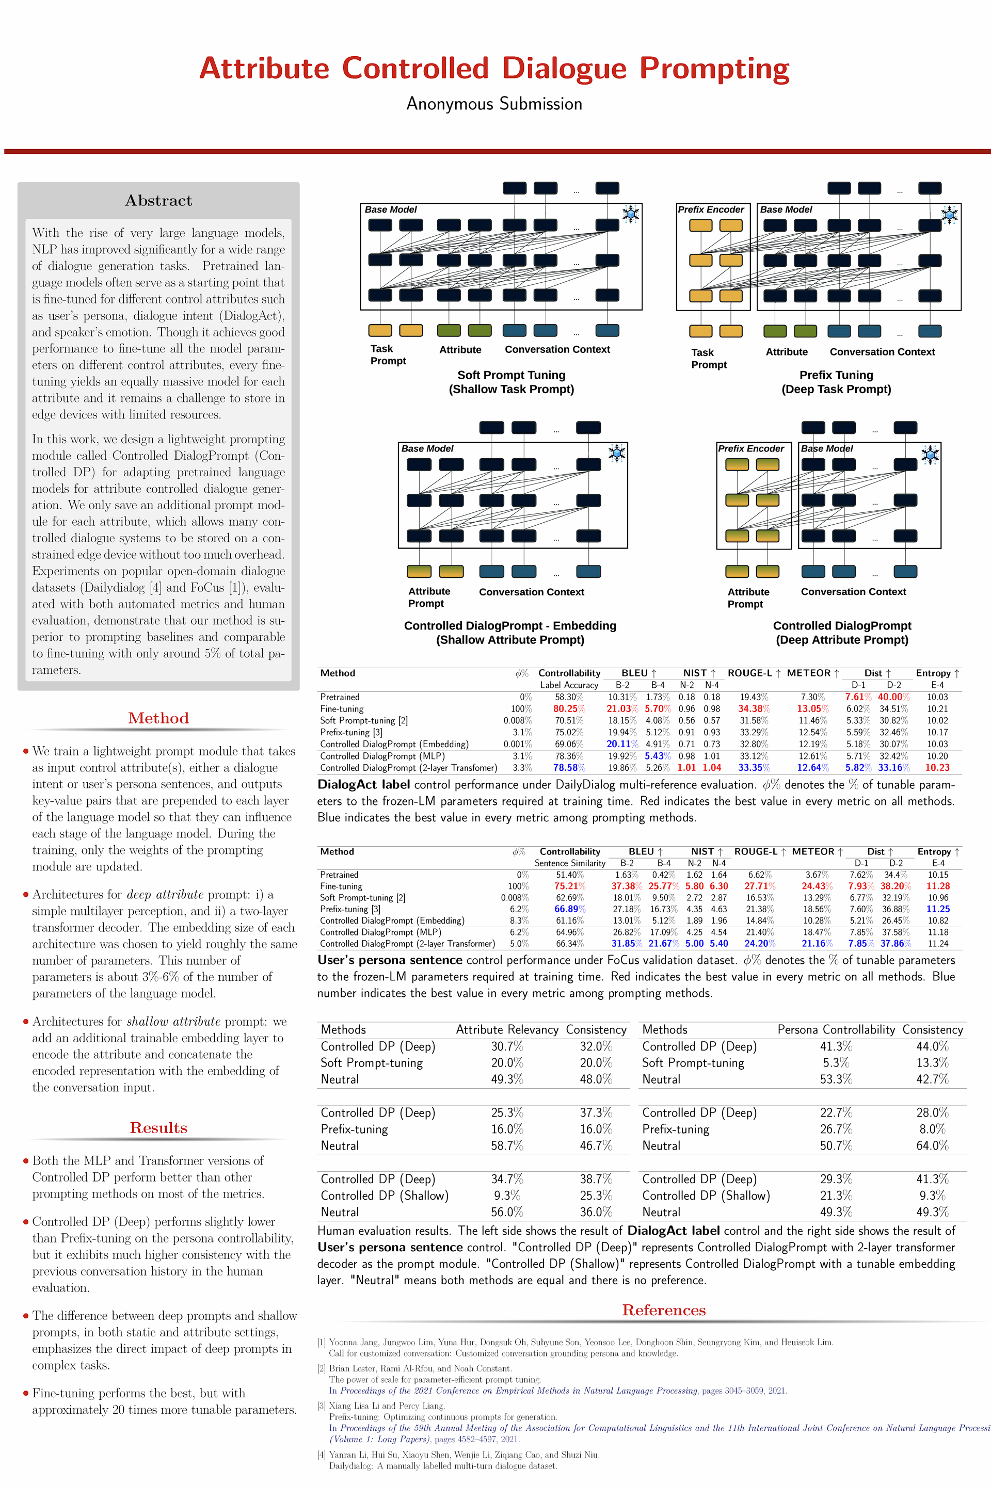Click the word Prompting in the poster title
point(714,68)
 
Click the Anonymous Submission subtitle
point(494,104)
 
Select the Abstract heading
point(158,200)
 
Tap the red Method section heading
point(158,718)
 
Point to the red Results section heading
point(158,1128)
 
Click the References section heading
point(664,1310)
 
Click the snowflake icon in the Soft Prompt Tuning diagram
point(631,214)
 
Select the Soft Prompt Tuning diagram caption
point(512,382)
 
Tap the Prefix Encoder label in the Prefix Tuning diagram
point(711,209)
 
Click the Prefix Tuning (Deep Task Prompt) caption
point(836,382)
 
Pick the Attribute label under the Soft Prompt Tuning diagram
point(460,349)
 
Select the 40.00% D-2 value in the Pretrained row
point(893,697)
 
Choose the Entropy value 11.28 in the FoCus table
point(938,886)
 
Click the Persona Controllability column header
point(836,1029)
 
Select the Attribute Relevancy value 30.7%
point(507,1046)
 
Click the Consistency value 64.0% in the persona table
point(932,1145)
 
